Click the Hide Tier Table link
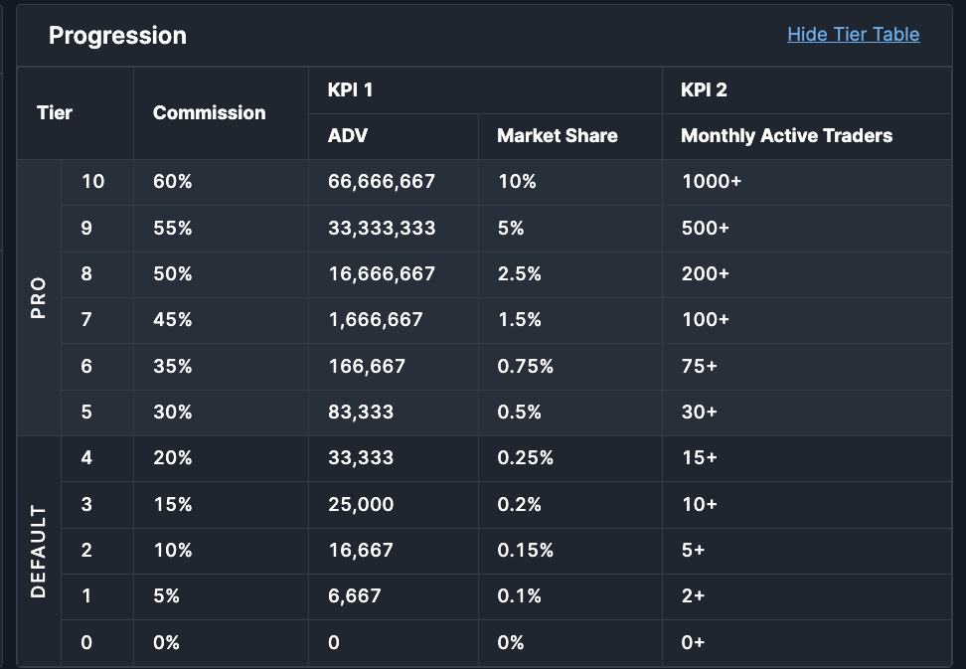pos(854,35)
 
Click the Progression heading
pos(117,36)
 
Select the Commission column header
pos(210,112)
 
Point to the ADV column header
pos(348,135)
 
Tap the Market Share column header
pos(557,135)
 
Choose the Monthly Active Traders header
pos(787,135)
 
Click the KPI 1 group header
pos(350,89)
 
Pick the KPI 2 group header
pos(704,89)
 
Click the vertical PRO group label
pos(38,297)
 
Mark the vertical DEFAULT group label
pos(38,552)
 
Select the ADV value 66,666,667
pos(382,182)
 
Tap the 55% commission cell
pos(173,228)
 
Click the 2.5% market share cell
pos(520,274)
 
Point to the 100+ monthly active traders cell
pos(706,320)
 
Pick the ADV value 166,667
pos(367,367)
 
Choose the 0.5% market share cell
pos(520,413)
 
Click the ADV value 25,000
pos(361,505)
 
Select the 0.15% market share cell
pos(526,550)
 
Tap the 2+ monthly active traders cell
pos(693,595)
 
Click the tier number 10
pos(93,182)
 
